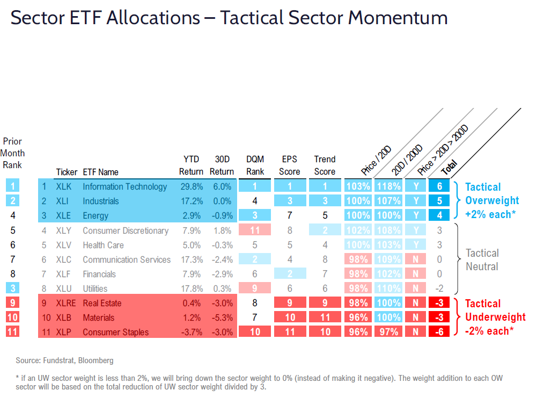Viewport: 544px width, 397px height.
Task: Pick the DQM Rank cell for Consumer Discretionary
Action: [255, 230]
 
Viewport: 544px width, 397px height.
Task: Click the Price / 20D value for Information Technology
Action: [358, 187]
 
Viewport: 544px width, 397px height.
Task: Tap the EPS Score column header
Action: [290, 165]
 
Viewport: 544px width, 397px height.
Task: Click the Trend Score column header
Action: [325, 165]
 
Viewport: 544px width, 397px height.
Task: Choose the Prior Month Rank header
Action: [12, 153]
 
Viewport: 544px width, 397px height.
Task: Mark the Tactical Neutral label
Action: [482, 259]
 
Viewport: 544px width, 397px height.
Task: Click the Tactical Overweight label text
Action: [491, 200]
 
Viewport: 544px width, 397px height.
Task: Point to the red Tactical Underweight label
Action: [495, 317]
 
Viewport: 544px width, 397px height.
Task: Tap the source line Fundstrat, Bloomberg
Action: [65, 360]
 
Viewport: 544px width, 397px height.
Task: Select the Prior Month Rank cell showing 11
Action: [12, 331]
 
